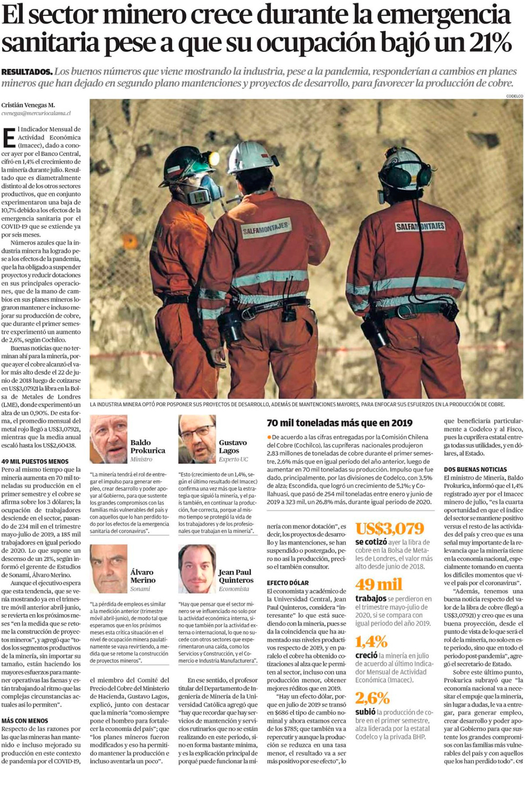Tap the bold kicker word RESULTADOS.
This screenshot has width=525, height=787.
(27, 72)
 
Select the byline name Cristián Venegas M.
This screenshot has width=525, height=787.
(28, 105)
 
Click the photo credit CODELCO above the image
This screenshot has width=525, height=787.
(514, 96)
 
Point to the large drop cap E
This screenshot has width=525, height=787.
(8, 138)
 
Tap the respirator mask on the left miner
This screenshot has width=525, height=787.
(205, 190)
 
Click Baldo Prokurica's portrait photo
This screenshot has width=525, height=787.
(108, 439)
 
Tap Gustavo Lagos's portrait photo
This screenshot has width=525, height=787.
(197, 439)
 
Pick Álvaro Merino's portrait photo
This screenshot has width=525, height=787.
(108, 569)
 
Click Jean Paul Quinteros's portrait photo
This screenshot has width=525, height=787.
(197, 569)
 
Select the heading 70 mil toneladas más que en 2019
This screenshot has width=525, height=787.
(339, 423)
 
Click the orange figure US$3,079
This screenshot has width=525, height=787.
(389, 529)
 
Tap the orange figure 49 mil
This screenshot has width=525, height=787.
(379, 584)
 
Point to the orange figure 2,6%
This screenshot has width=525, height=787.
(372, 698)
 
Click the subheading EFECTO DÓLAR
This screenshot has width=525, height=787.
(288, 583)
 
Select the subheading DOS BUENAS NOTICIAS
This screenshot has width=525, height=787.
(476, 469)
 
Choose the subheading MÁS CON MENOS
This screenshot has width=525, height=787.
(25, 721)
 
